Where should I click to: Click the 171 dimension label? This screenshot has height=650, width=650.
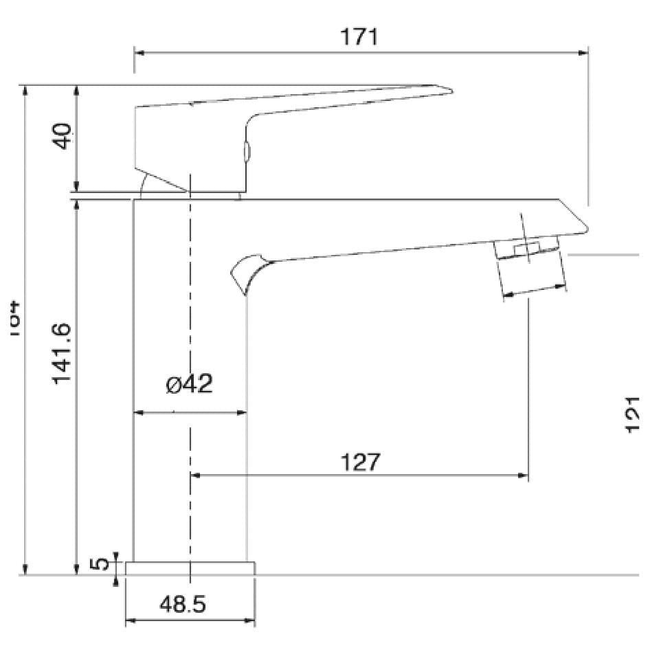tap(360, 36)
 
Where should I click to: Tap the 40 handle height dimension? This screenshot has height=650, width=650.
tap(63, 136)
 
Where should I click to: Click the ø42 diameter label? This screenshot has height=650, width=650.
tap(189, 385)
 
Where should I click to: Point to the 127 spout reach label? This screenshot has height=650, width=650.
tap(360, 462)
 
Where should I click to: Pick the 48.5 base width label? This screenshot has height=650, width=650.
tap(183, 605)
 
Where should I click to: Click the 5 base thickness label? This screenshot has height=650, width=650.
tap(101, 563)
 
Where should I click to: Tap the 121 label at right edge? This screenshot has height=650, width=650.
tap(635, 415)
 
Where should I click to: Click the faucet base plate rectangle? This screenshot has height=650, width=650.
tap(190, 568)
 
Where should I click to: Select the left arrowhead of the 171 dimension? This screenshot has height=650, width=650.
tap(138, 52)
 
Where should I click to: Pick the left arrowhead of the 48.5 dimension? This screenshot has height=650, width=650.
tap(129, 621)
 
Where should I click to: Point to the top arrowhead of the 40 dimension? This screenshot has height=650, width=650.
tap(78, 89)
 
